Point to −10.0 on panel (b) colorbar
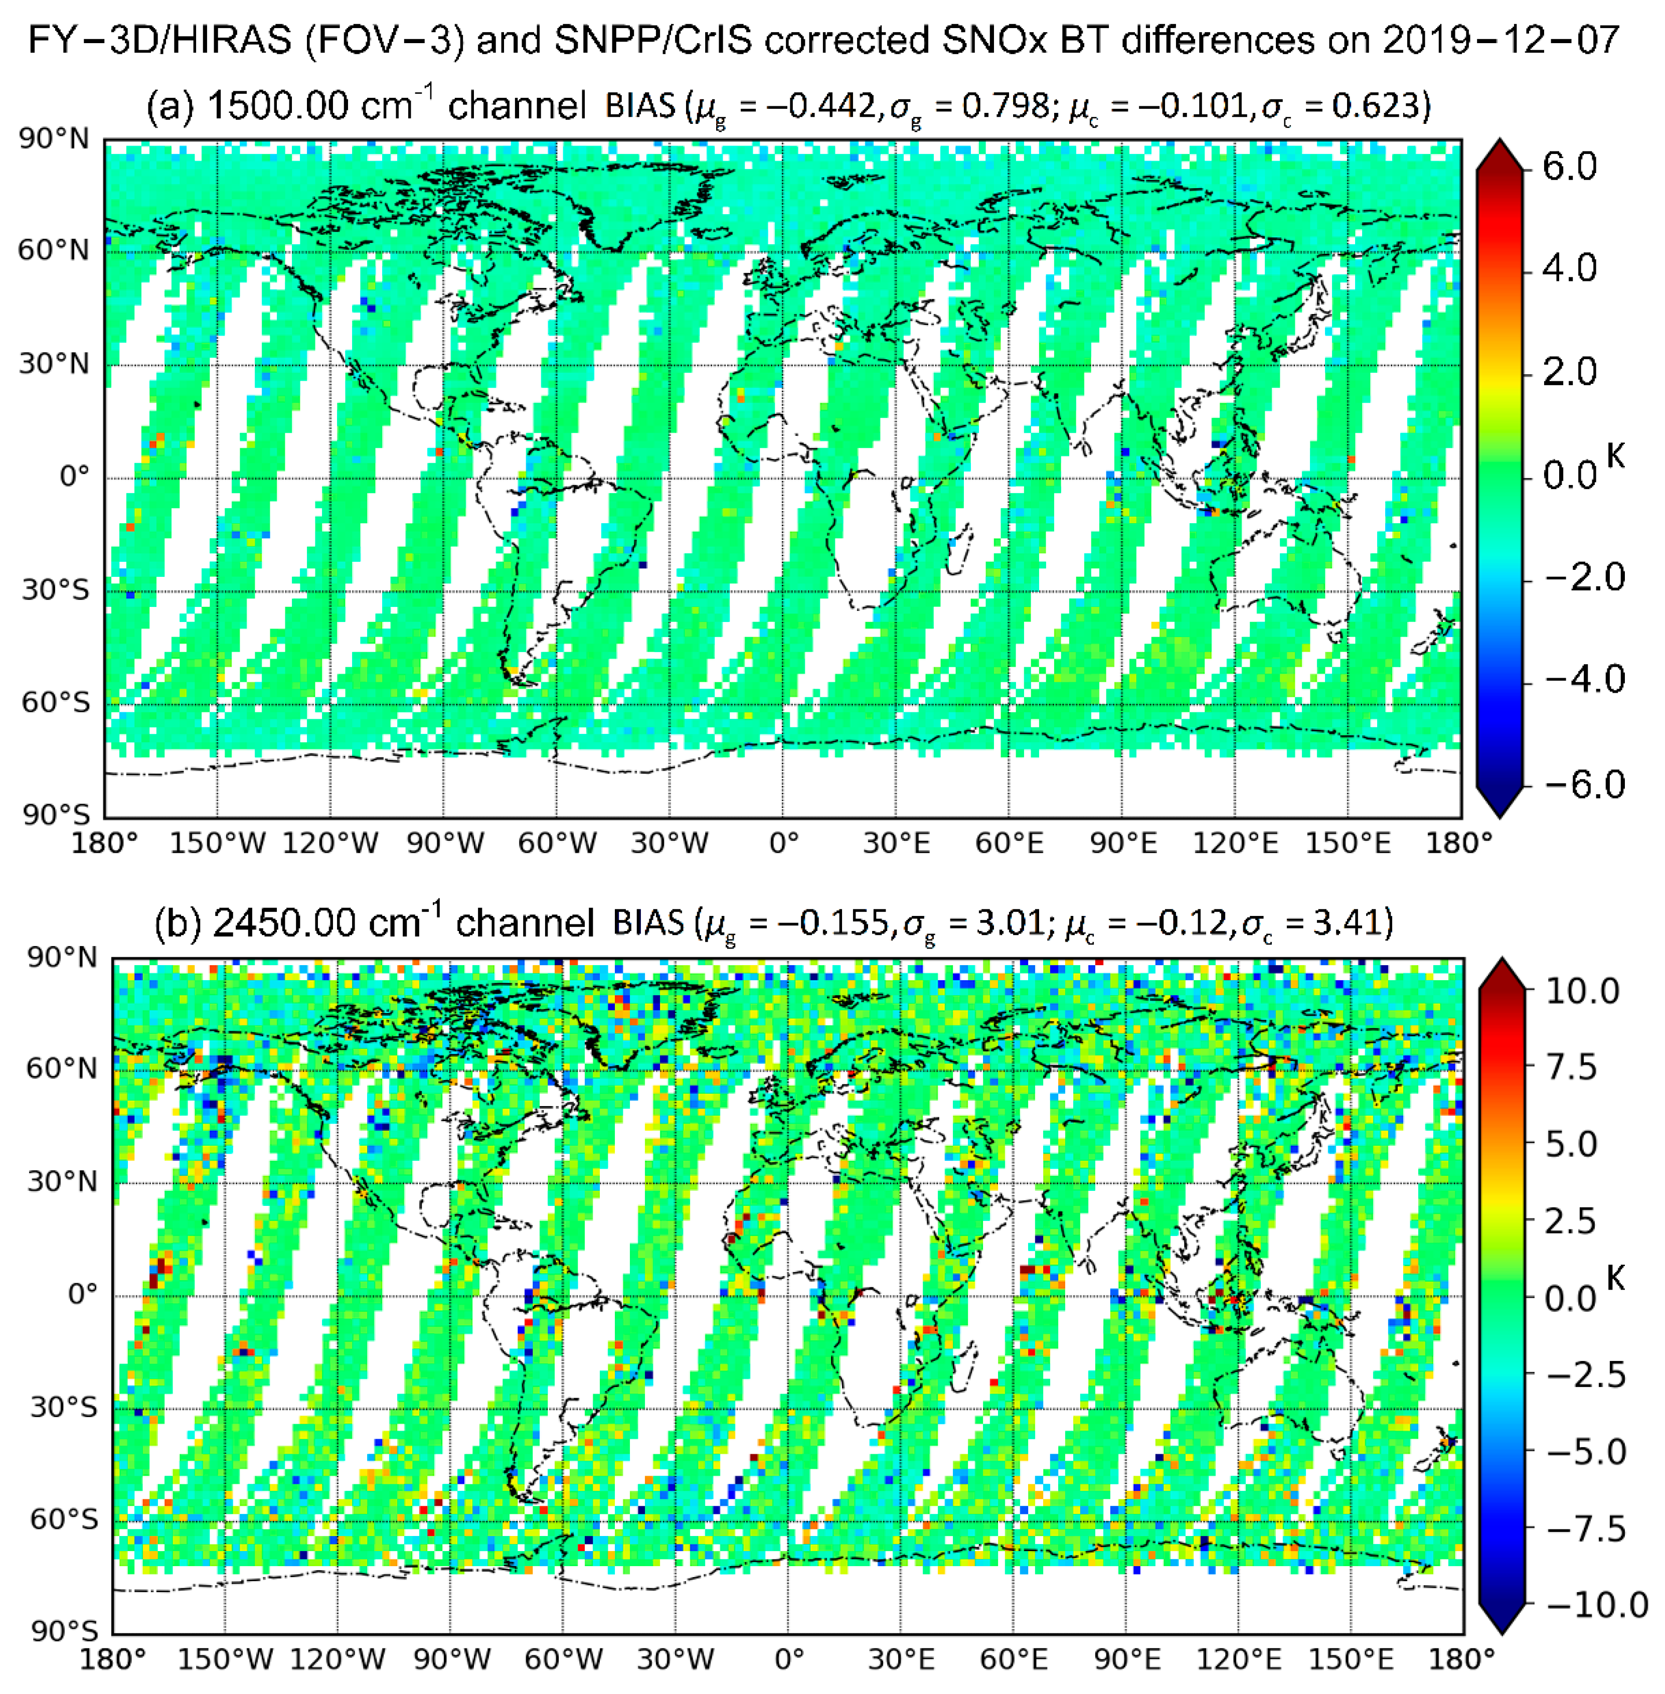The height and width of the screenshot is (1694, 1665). pos(1597,1605)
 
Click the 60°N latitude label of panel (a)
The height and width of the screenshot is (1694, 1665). pos(53,251)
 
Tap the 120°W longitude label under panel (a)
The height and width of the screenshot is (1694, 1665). pos(330,843)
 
